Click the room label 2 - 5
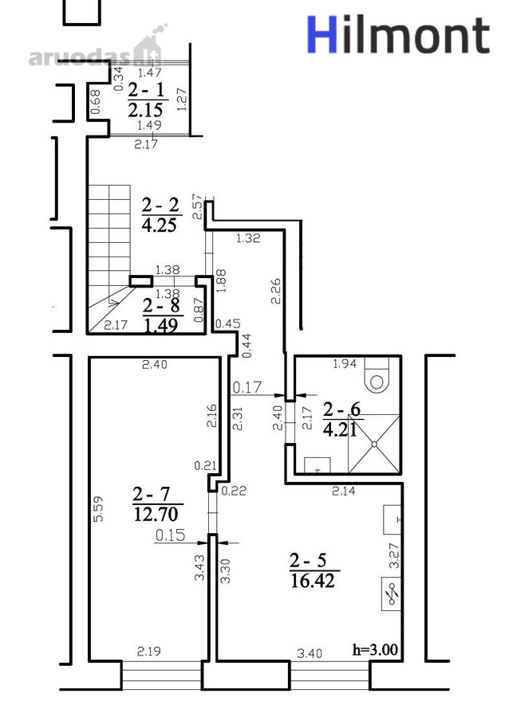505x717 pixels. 308,560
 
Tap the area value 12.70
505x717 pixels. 156,514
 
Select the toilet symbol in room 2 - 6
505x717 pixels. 377,374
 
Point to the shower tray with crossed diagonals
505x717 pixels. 374,444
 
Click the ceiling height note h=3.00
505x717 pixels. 375,649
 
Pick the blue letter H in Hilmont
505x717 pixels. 322,34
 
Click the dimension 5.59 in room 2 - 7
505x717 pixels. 98,509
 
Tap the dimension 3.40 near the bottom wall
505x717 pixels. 310,653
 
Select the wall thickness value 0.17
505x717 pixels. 247,387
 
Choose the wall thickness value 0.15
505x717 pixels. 170,535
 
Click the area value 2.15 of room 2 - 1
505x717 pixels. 145,110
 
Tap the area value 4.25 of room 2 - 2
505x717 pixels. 160,225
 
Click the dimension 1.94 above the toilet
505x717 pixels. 345,364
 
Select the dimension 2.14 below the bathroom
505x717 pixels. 344,491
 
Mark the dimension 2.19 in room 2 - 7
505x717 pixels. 149,651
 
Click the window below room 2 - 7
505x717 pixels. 161,675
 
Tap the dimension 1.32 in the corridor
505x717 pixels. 247,237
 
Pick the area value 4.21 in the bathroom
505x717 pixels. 340,430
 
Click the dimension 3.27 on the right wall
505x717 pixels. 394,555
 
